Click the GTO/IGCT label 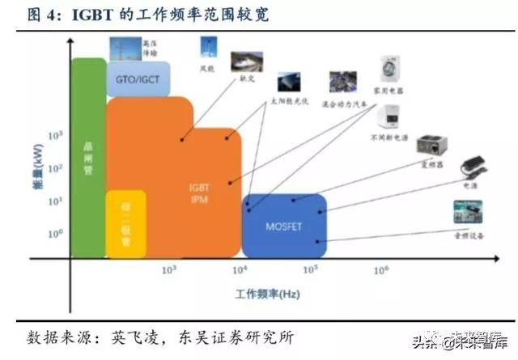[137, 78]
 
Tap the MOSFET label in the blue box [284, 227]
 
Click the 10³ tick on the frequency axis [169, 269]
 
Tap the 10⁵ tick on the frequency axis [311, 269]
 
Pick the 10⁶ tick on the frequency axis [380, 269]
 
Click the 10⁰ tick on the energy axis [57, 234]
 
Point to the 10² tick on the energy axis [57, 168]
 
